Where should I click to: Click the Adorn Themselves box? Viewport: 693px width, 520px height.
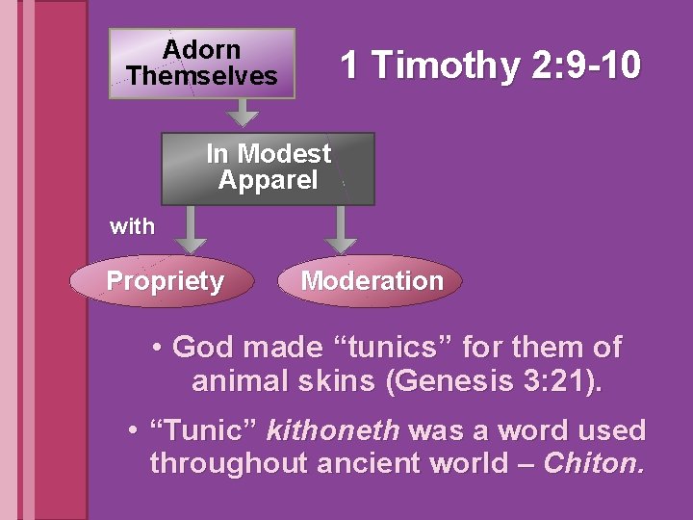(x=201, y=63)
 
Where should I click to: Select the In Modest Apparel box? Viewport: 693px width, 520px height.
(x=268, y=169)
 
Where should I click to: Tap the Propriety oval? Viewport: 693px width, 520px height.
(x=165, y=281)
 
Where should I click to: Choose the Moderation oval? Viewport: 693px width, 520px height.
(x=372, y=281)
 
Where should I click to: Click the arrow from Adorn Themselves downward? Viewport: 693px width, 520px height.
(x=246, y=113)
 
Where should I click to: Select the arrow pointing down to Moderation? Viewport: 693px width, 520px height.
(x=340, y=230)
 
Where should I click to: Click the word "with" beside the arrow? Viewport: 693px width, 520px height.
(x=132, y=227)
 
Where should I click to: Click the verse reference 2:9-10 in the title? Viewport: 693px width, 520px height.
(x=584, y=65)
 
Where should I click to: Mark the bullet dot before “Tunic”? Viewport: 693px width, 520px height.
(x=133, y=430)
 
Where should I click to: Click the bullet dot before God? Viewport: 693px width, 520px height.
(x=156, y=348)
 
